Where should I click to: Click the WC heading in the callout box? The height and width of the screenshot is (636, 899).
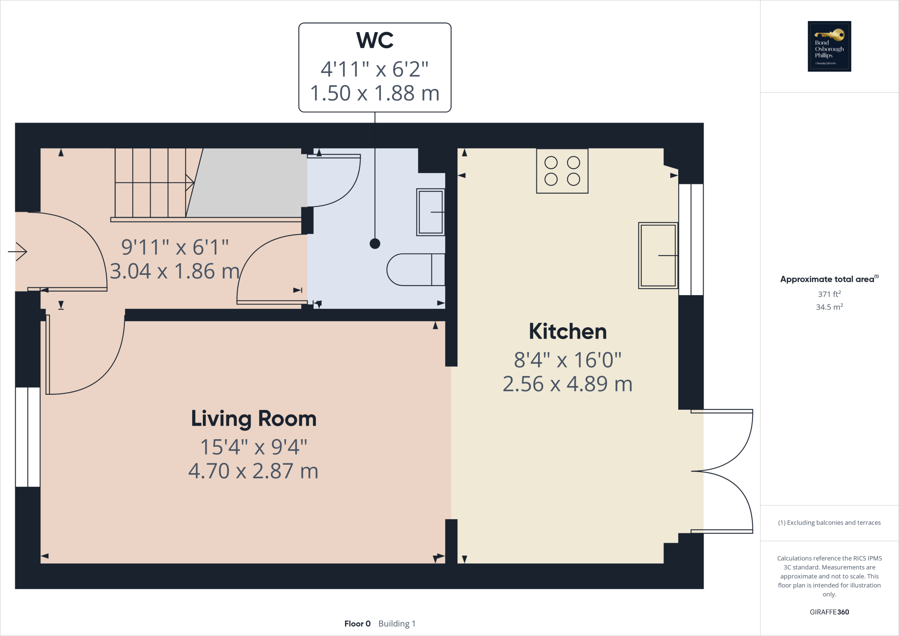pyautogui.click(x=374, y=40)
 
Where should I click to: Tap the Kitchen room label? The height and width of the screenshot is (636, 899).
pyautogui.click(x=568, y=331)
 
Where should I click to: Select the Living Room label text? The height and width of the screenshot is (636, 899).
pyautogui.click(x=254, y=419)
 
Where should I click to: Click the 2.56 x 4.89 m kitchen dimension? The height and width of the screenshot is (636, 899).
pyautogui.click(x=568, y=384)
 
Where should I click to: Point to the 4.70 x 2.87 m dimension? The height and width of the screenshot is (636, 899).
pyautogui.click(x=253, y=471)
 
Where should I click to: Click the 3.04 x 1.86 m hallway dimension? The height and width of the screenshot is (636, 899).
pyautogui.click(x=174, y=271)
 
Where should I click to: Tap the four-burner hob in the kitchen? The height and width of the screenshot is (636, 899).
pyautogui.click(x=562, y=171)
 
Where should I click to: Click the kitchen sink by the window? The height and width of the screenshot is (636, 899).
pyautogui.click(x=658, y=255)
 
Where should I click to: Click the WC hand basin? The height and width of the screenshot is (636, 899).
pyautogui.click(x=430, y=212)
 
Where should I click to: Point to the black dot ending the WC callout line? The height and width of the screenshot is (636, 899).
pyautogui.click(x=375, y=243)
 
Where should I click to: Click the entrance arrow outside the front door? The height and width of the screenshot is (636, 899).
pyautogui.click(x=18, y=252)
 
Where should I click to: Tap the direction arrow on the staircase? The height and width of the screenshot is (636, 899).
pyautogui.click(x=189, y=182)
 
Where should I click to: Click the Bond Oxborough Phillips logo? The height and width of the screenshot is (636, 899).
pyautogui.click(x=829, y=46)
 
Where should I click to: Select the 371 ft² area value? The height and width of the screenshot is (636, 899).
pyautogui.click(x=829, y=294)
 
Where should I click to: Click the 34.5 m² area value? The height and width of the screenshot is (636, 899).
pyautogui.click(x=829, y=307)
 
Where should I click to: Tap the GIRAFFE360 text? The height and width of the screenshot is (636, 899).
pyautogui.click(x=829, y=612)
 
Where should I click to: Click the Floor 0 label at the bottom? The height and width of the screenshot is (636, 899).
pyautogui.click(x=357, y=624)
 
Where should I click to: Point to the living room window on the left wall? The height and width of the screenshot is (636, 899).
pyautogui.click(x=28, y=437)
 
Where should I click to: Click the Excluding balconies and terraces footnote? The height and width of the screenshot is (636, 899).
pyautogui.click(x=829, y=523)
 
